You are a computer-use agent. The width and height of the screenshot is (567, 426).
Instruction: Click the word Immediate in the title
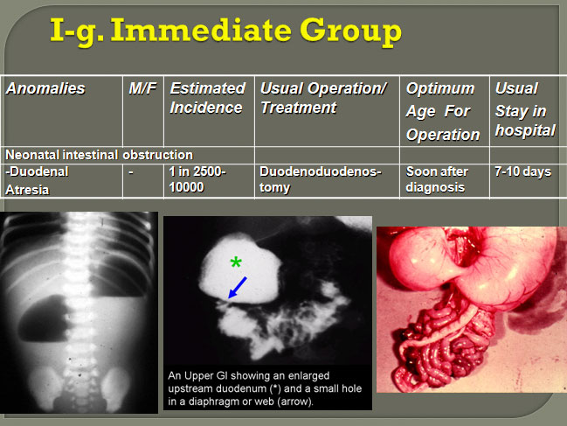[201, 31]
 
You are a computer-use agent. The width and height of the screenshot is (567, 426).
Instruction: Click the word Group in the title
[350, 32]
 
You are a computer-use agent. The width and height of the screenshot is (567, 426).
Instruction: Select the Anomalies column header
[45, 88]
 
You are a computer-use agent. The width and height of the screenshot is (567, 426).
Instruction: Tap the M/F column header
[142, 88]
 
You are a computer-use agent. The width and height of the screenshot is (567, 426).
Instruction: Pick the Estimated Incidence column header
[208, 98]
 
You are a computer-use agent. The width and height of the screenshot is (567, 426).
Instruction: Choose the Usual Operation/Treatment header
[323, 98]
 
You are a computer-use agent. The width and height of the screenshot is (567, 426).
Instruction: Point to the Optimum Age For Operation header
[443, 111]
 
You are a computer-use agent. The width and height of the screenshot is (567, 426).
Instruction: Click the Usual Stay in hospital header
[525, 109]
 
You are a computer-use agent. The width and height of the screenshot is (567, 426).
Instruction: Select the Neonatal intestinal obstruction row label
[99, 155]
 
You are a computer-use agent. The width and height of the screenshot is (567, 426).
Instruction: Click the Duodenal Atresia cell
[37, 180]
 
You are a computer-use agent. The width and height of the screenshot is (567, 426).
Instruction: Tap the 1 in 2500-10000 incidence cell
[197, 179]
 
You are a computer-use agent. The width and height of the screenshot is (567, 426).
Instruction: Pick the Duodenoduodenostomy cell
[321, 179]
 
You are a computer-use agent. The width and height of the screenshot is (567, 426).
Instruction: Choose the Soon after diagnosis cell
[437, 179]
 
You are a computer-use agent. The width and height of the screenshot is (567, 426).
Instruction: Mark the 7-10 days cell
[523, 171]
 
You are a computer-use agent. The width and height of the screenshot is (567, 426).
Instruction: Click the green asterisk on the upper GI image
[236, 262]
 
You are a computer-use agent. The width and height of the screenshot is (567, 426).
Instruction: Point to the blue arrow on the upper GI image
[238, 288]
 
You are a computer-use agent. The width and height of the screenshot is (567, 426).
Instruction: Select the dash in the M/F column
[131, 172]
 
